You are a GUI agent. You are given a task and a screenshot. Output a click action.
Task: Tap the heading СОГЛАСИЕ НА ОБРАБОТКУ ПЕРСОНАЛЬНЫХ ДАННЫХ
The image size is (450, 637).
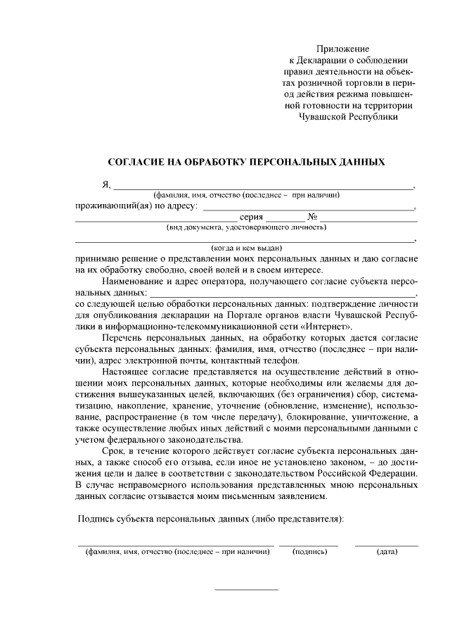(246, 162)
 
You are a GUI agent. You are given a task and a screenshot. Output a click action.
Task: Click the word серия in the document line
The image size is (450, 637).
(252, 217)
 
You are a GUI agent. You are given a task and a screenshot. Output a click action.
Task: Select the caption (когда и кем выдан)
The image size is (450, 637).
(246, 248)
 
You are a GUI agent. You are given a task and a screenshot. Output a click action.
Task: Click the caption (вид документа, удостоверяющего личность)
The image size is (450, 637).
(246, 227)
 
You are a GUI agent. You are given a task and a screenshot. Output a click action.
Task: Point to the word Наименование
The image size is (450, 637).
(132, 281)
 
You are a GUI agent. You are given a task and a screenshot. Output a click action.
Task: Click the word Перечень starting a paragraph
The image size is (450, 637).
(122, 339)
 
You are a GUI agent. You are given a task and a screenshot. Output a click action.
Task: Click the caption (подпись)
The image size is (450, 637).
(309, 552)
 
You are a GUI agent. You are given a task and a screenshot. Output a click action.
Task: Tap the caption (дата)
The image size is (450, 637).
(387, 552)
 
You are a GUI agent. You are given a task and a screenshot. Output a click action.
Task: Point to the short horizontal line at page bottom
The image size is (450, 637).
(246, 589)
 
